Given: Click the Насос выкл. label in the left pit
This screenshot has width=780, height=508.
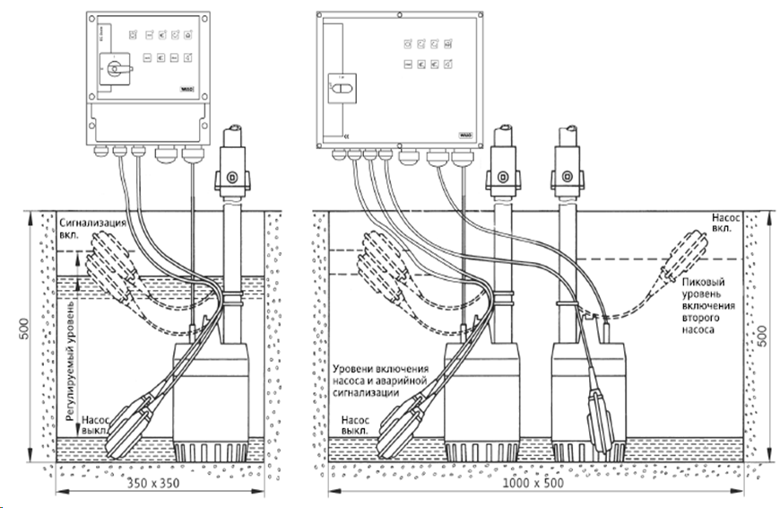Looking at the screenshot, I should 96,424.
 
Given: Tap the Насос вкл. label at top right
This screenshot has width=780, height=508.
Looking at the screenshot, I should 724,222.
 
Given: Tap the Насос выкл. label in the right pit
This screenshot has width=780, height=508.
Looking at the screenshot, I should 353,424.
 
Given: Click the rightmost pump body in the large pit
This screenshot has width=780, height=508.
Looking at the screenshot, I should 582,386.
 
